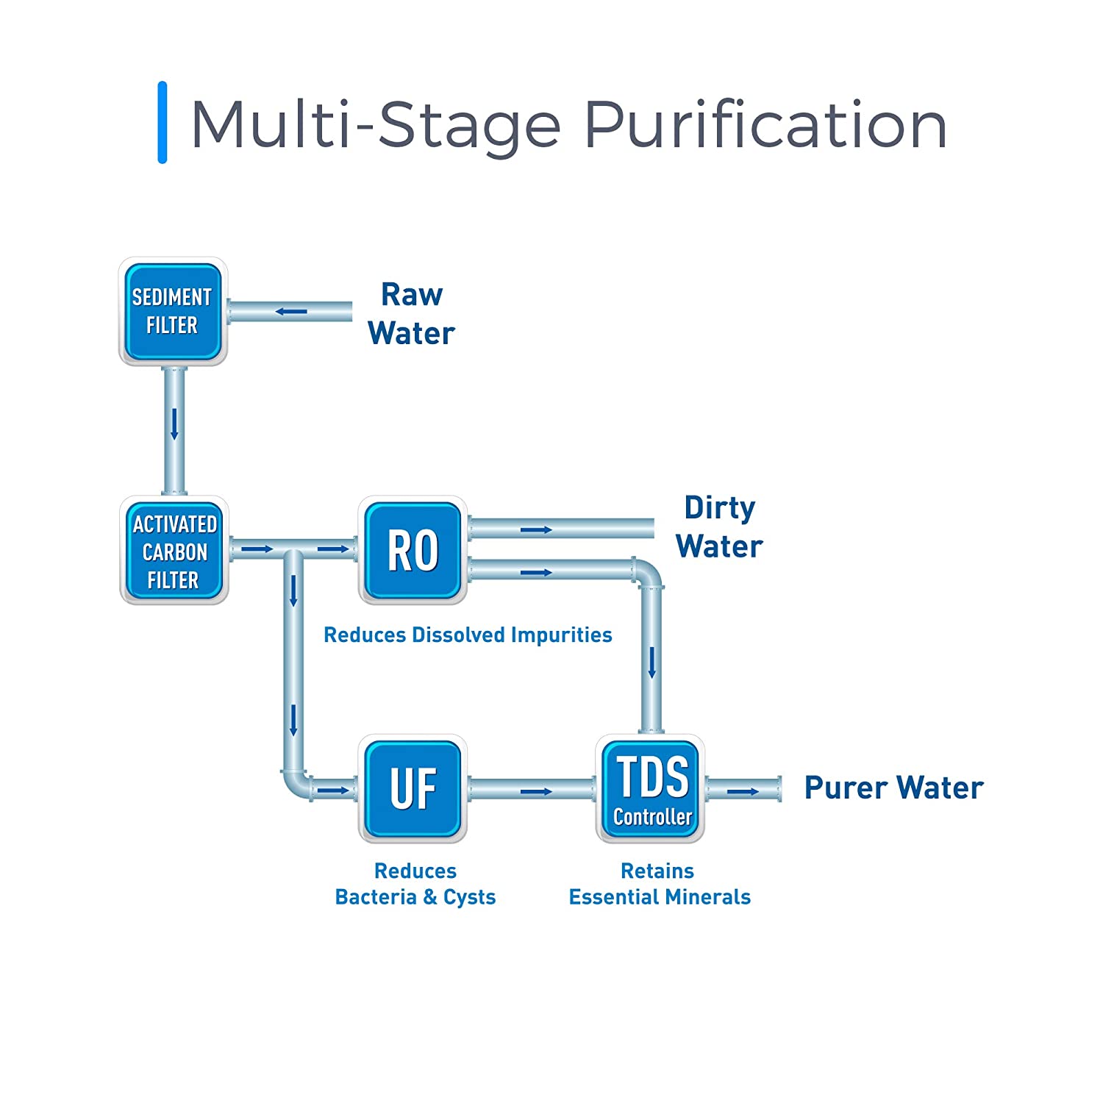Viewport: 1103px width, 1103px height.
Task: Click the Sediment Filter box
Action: point(173,311)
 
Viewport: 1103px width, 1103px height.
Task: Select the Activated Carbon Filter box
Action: point(174,551)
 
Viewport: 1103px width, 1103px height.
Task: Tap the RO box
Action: point(413,550)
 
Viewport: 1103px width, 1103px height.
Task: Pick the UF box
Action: point(413,788)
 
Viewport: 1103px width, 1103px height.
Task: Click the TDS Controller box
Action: point(651,788)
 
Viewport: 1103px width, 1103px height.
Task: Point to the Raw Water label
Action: point(411,314)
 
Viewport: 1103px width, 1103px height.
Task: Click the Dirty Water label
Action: point(719,526)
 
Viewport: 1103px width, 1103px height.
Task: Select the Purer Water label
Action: point(893,788)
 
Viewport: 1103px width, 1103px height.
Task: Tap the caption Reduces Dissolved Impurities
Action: point(468,635)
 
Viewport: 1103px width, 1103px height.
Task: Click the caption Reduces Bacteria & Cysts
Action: point(415,884)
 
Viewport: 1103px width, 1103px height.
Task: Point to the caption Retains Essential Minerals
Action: point(660,884)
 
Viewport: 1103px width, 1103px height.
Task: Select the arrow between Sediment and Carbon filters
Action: point(174,424)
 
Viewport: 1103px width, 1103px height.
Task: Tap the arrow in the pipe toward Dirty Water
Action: point(536,529)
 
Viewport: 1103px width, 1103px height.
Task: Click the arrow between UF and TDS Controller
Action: point(536,791)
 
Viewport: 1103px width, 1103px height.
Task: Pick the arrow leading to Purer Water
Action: point(743,791)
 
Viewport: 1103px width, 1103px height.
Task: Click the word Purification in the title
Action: point(765,125)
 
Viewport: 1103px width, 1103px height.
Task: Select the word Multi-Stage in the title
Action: point(375,125)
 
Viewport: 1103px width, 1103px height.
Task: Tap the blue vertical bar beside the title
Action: point(163,122)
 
